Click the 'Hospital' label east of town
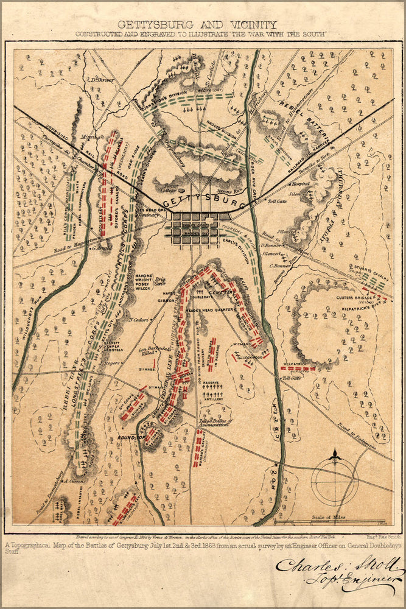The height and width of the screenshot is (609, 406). coord(301,183)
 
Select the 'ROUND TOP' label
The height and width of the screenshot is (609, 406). coord(130,436)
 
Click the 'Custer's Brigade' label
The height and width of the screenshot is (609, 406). coord(354,298)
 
